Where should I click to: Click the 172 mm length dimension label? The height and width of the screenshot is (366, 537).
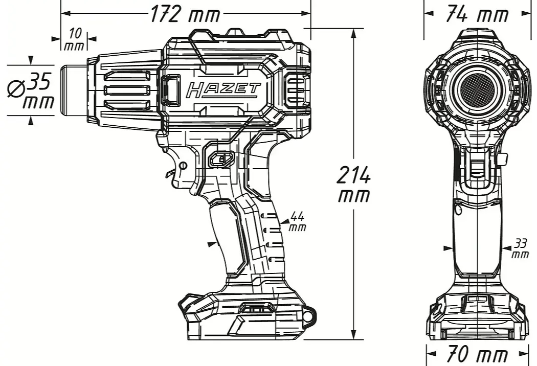pos(185,14)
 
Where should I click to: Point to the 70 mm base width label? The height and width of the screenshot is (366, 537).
pos(477,354)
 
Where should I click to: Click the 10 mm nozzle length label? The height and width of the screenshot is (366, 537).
pos(75,39)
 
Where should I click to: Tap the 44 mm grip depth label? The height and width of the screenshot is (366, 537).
pos(297,221)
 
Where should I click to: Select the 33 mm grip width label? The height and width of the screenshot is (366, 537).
pos(520,248)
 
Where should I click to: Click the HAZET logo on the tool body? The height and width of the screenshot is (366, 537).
pos(223,90)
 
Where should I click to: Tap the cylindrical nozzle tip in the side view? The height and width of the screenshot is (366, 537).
pos(74,90)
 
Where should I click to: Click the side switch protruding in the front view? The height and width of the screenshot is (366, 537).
pos(503,159)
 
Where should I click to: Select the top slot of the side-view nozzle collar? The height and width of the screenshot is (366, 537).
pos(128,76)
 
